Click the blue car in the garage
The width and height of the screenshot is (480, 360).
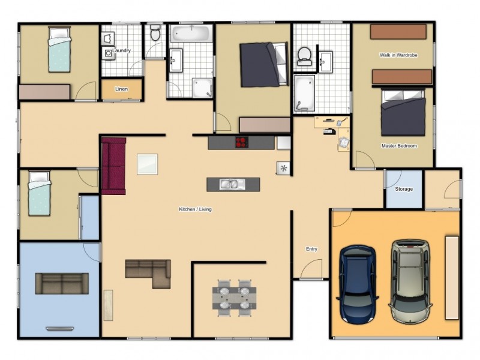click(359, 281)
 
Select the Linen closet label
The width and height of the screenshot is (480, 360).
click(121, 89)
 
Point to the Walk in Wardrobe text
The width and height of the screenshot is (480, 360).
click(398, 55)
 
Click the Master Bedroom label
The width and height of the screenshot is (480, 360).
click(399, 146)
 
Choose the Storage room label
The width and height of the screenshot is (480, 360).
click(404, 189)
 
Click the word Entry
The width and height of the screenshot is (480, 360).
click(311, 249)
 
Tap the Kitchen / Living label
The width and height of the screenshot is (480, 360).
click(195, 209)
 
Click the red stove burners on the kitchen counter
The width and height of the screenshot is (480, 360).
click(241, 143)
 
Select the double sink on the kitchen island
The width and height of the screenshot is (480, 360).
click(229, 184)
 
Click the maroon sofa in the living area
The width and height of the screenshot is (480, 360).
click(113, 166)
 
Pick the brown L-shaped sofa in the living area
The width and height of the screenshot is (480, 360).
click(150, 272)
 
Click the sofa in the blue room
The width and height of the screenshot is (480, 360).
click(62, 283)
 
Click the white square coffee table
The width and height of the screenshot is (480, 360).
click(148, 164)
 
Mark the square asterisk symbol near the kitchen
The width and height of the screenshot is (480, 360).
click(283, 169)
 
